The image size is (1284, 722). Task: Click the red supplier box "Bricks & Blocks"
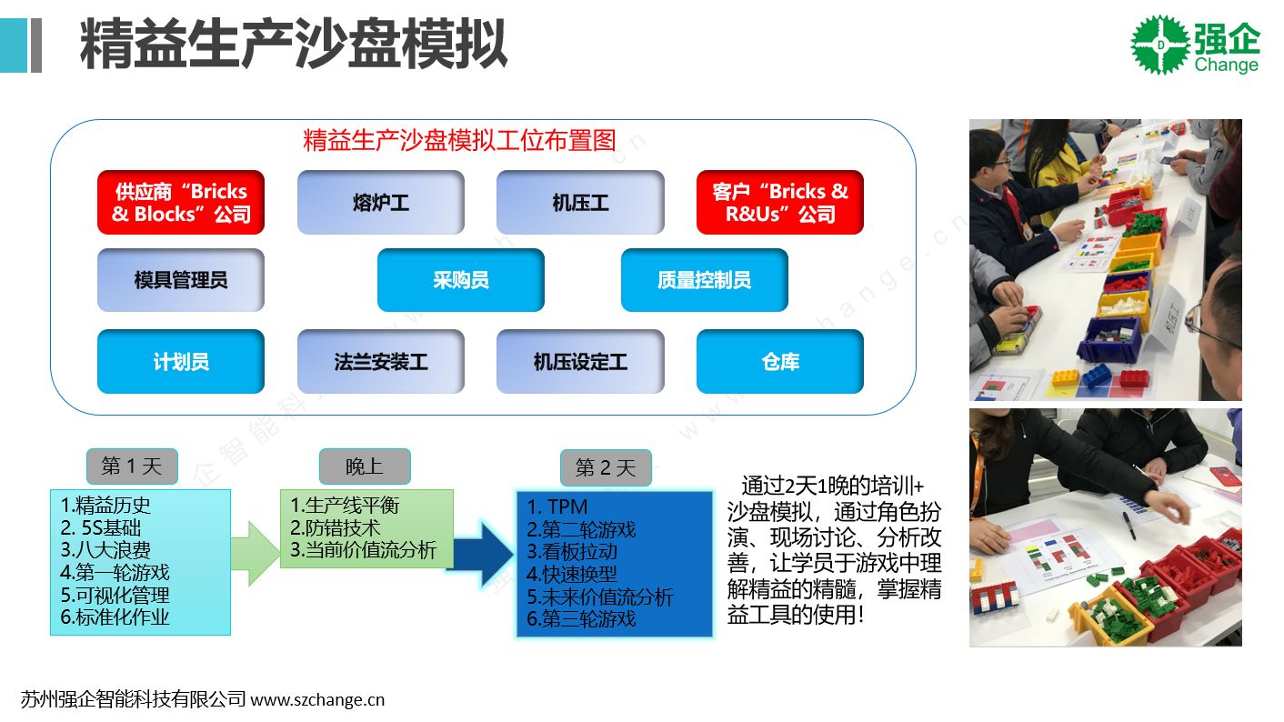(x=181, y=202)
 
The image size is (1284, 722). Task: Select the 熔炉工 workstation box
(x=381, y=202)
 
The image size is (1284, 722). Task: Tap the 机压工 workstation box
(x=580, y=202)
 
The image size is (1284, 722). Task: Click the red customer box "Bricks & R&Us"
(x=780, y=202)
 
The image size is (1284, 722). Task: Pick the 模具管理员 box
(x=181, y=280)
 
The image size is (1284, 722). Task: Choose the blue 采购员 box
(x=461, y=280)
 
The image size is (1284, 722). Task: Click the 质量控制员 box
(x=705, y=280)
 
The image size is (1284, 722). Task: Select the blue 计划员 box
(x=181, y=362)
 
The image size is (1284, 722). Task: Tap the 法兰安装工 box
(x=381, y=362)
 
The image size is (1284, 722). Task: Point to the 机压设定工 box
(x=580, y=362)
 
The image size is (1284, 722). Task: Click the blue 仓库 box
(x=780, y=362)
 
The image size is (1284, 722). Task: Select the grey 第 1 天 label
(x=132, y=466)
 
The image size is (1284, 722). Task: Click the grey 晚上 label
(x=365, y=466)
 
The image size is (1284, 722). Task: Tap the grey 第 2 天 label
(x=606, y=467)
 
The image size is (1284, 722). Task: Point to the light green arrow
(x=256, y=554)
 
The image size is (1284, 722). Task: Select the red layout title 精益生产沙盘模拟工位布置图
(x=460, y=140)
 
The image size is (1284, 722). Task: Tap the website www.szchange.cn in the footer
(x=317, y=699)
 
